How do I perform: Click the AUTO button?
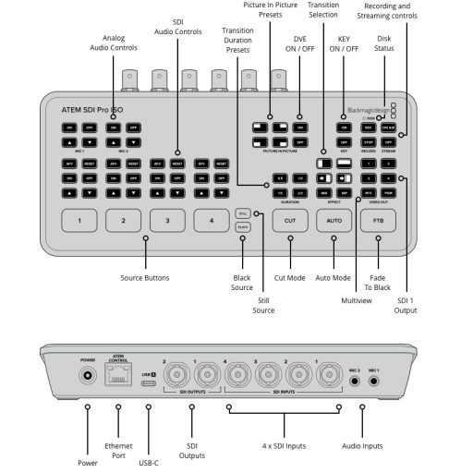tap(334, 221)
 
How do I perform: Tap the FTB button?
tap(378, 221)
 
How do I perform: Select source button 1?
tap(79, 221)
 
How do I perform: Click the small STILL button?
tap(242, 212)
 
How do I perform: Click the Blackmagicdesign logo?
tap(369, 109)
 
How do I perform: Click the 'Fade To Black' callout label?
tap(378, 282)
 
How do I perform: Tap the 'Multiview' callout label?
tap(356, 301)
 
